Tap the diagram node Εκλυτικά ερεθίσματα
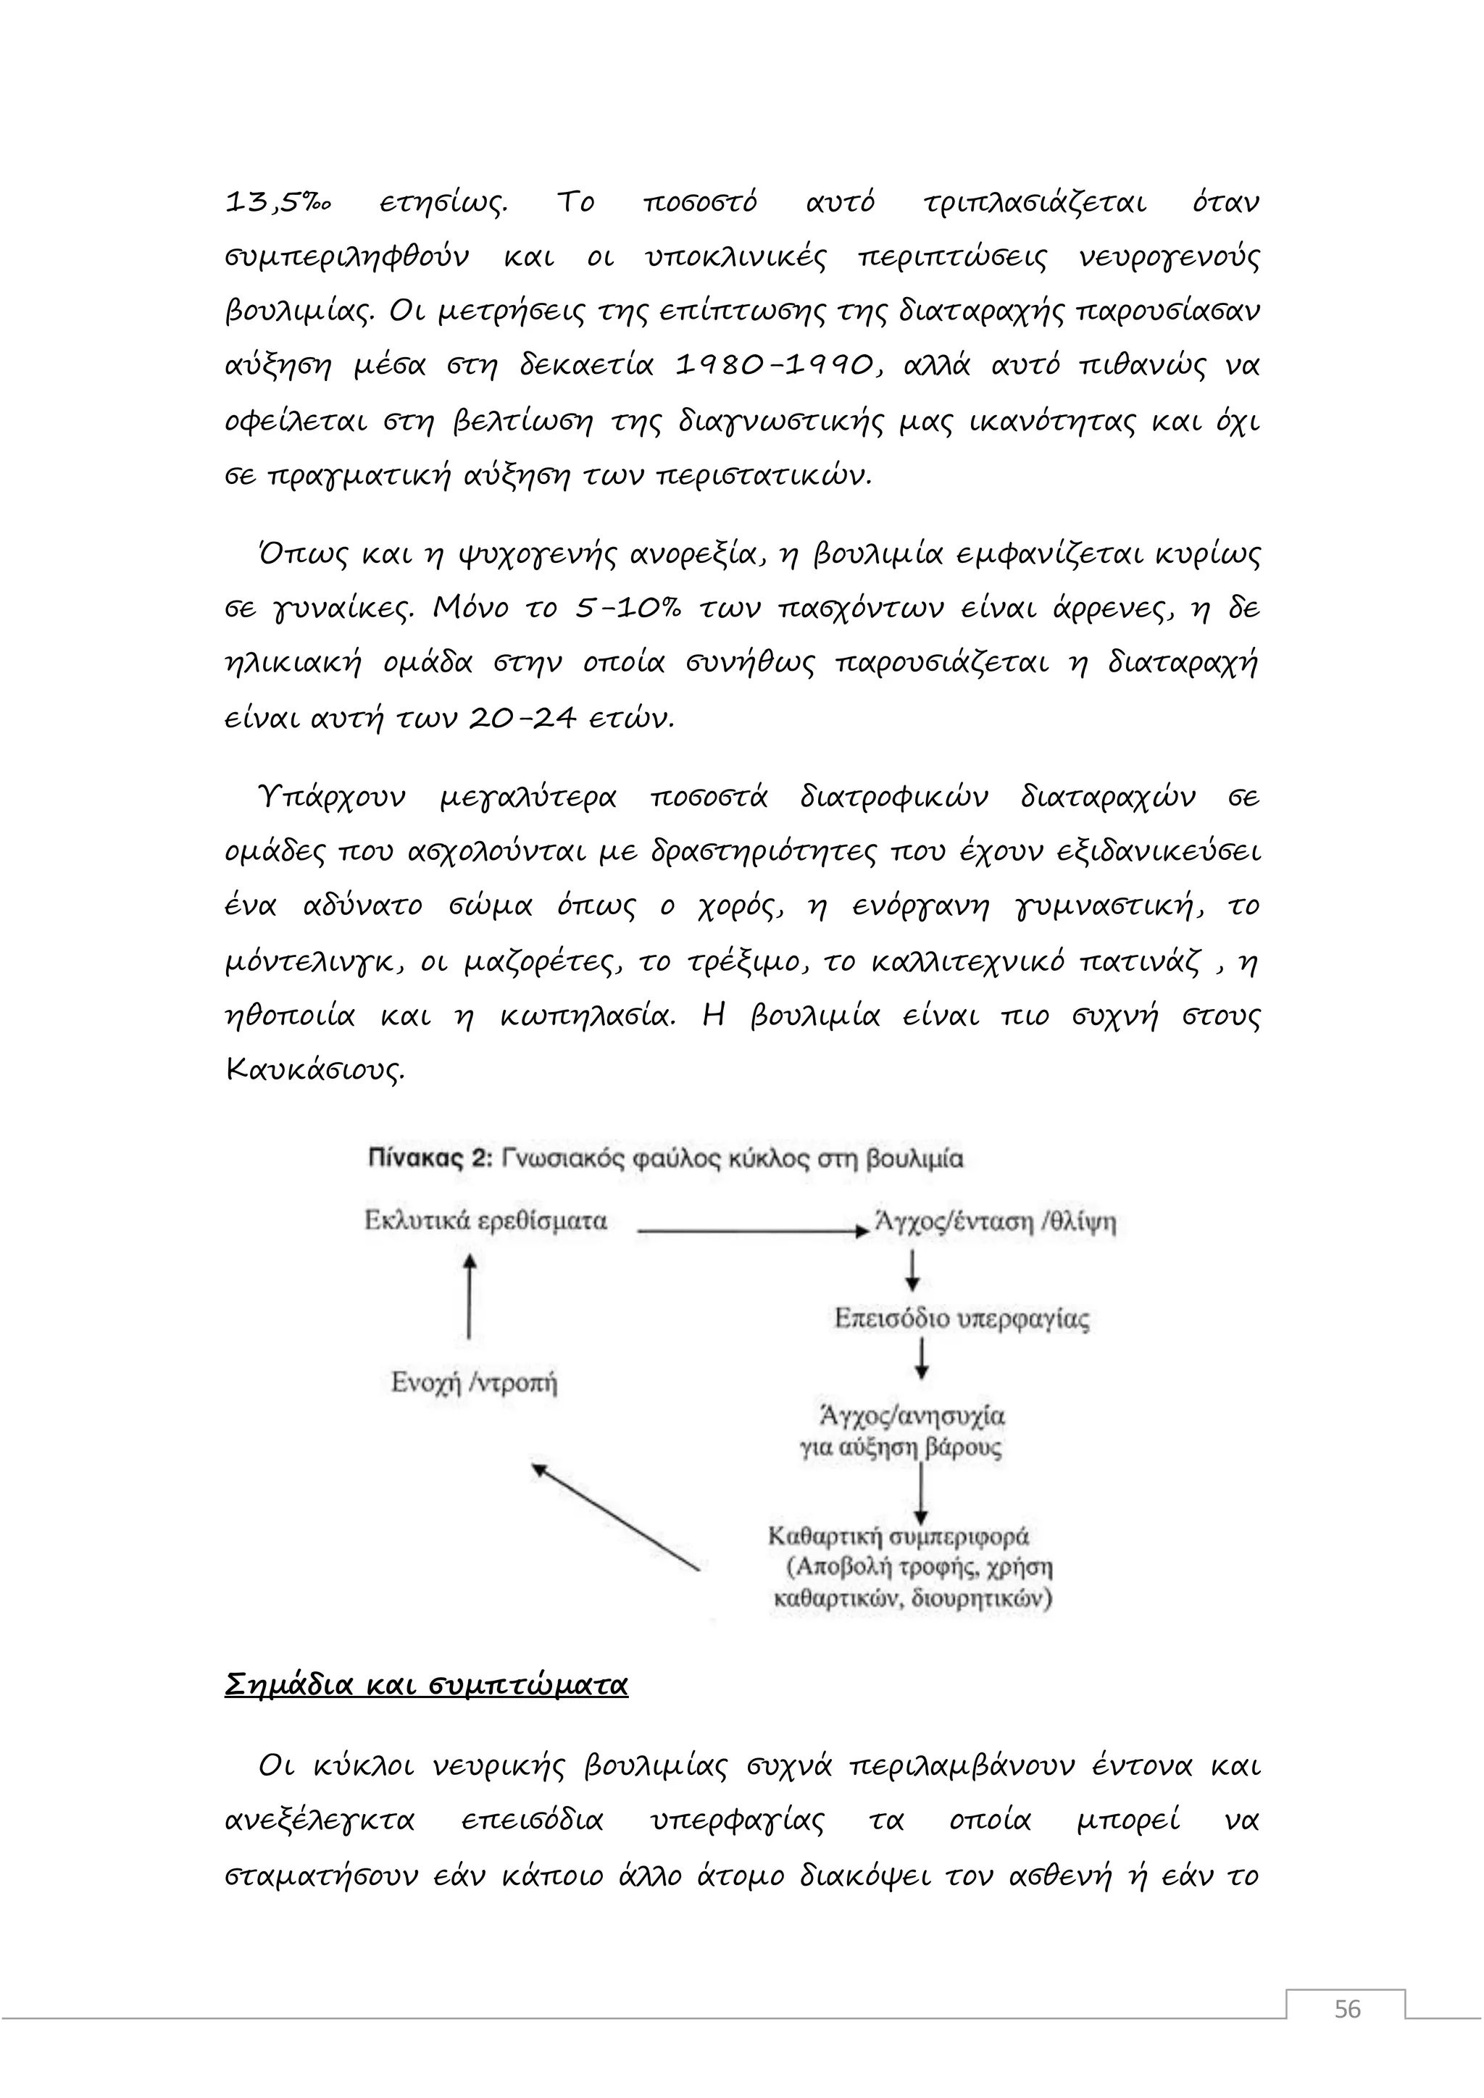[x=485, y=1221]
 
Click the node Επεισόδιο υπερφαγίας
[x=962, y=1318]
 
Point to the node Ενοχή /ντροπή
[x=473, y=1382]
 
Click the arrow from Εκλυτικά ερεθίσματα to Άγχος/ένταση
[x=751, y=1232]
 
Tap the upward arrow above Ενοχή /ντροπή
[x=469, y=1296]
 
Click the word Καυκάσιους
[x=314, y=1070]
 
